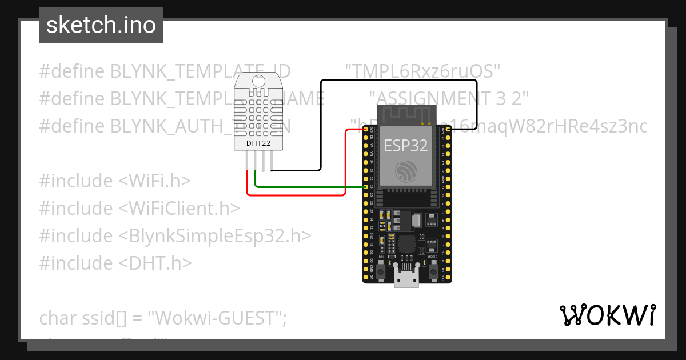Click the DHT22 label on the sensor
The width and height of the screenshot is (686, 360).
tap(258, 143)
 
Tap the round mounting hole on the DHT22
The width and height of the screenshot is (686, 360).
tap(258, 81)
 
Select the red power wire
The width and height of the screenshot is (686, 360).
tap(297, 195)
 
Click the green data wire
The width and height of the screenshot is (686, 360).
tap(309, 187)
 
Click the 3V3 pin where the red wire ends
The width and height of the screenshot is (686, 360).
tap(366, 130)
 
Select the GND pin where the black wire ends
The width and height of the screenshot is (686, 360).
tap(448, 130)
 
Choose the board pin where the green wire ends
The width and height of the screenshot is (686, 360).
tap(366, 187)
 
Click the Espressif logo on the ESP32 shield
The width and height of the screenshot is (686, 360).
tap(406, 171)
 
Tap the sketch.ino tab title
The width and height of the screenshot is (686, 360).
tap(101, 25)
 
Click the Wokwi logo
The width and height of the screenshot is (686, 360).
tap(607, 315)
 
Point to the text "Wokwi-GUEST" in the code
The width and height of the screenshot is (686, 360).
tap(217, 318)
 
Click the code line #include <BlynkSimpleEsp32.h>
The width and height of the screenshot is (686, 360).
tap(175, 235)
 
